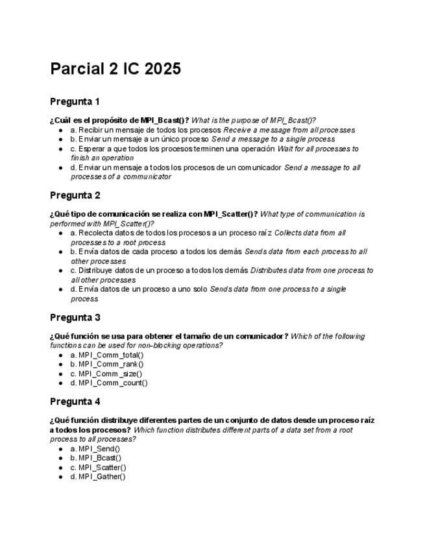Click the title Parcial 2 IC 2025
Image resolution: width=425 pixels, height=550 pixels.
(115, 69)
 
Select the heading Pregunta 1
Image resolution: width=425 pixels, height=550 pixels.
(75, 102)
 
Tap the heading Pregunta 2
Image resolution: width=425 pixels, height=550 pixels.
(75, 195)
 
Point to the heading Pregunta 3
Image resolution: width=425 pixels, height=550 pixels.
(75, 317)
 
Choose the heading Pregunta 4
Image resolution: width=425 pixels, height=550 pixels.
(75, 401)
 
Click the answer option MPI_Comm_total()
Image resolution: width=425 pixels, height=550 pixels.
(107, 355)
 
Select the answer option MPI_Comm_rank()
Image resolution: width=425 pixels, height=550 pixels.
(107, 364)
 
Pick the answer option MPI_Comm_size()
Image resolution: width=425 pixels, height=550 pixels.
(107, 374)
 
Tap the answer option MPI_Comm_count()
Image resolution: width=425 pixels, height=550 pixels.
(109, 383)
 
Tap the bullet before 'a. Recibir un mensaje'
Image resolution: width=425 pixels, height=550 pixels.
(60, 130)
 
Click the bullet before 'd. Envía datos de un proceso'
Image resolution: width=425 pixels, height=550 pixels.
(60, 289)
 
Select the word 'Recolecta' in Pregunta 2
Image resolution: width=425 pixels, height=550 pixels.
(97, 232)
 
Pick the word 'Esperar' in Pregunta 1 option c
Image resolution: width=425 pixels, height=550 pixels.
(92, 149)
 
